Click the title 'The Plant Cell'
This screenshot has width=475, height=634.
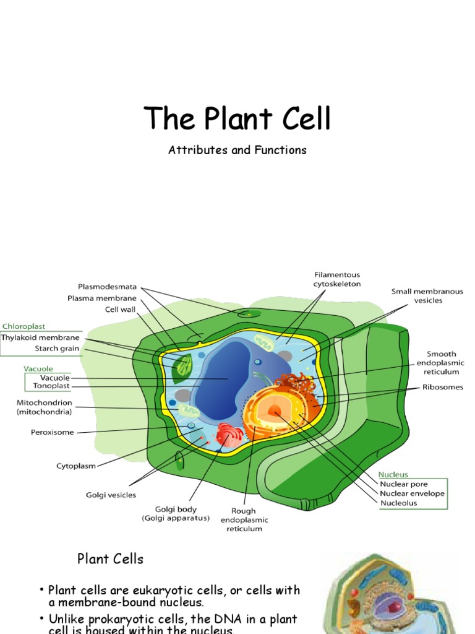(237, 118)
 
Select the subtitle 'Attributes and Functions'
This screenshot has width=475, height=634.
(237, 150)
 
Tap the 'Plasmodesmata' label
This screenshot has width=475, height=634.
(107, 287)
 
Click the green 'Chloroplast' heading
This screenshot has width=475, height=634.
(24, 326)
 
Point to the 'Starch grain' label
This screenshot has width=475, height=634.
(57, 349)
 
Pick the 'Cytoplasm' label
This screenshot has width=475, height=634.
(76, 466)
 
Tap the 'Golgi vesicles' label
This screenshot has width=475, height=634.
(111, 495)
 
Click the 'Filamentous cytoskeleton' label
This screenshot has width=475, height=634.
(336, 279)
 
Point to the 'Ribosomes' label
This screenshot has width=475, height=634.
(443, 388)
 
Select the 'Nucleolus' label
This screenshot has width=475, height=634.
(398, 503)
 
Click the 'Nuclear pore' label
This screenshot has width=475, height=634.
(403, 484)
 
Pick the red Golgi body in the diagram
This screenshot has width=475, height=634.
(229, 434)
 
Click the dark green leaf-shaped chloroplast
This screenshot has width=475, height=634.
(183, 368)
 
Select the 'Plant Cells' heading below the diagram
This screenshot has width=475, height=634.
(110, 559)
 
